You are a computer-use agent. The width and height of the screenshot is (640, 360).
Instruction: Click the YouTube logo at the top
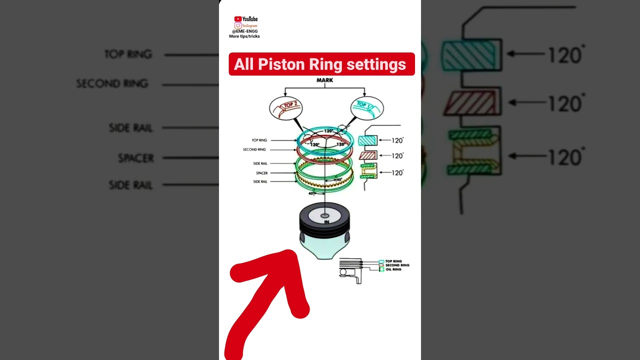[246, 19]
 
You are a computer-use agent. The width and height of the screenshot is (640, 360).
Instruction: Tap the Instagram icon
[238, 25]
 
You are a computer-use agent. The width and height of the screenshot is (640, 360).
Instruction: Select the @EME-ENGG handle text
[244, 31]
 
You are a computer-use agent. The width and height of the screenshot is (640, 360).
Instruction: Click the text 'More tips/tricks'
[244, 36]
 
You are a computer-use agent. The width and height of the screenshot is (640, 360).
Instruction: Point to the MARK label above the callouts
[324, 80]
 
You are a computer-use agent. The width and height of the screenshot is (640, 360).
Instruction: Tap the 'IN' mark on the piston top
[326, 222]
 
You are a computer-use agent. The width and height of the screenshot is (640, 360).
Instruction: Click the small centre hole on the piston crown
[326, 216]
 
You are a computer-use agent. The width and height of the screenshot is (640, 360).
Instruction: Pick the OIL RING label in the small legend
[393, 269]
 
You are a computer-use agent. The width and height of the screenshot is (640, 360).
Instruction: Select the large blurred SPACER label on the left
[136, 158]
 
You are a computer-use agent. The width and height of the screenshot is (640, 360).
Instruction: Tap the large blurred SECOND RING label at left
[112, 83]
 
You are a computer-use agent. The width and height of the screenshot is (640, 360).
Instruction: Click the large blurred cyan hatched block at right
[470, 54]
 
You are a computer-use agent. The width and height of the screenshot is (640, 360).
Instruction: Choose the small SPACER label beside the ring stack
[261, 173]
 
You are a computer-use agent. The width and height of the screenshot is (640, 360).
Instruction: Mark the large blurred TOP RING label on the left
[128, 54]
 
